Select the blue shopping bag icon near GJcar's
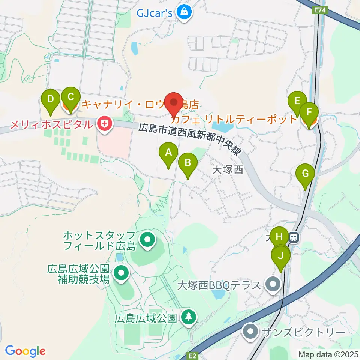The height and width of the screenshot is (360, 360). [x=184, y=13]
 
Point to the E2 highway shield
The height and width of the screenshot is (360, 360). [x=192, y=354]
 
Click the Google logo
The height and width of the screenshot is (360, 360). [x=25, y=351]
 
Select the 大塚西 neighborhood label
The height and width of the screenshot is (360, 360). [x=228, y=170]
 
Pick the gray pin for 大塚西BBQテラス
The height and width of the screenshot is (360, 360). [x=273, y=284]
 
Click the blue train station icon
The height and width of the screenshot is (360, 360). [x=294, y=237]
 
